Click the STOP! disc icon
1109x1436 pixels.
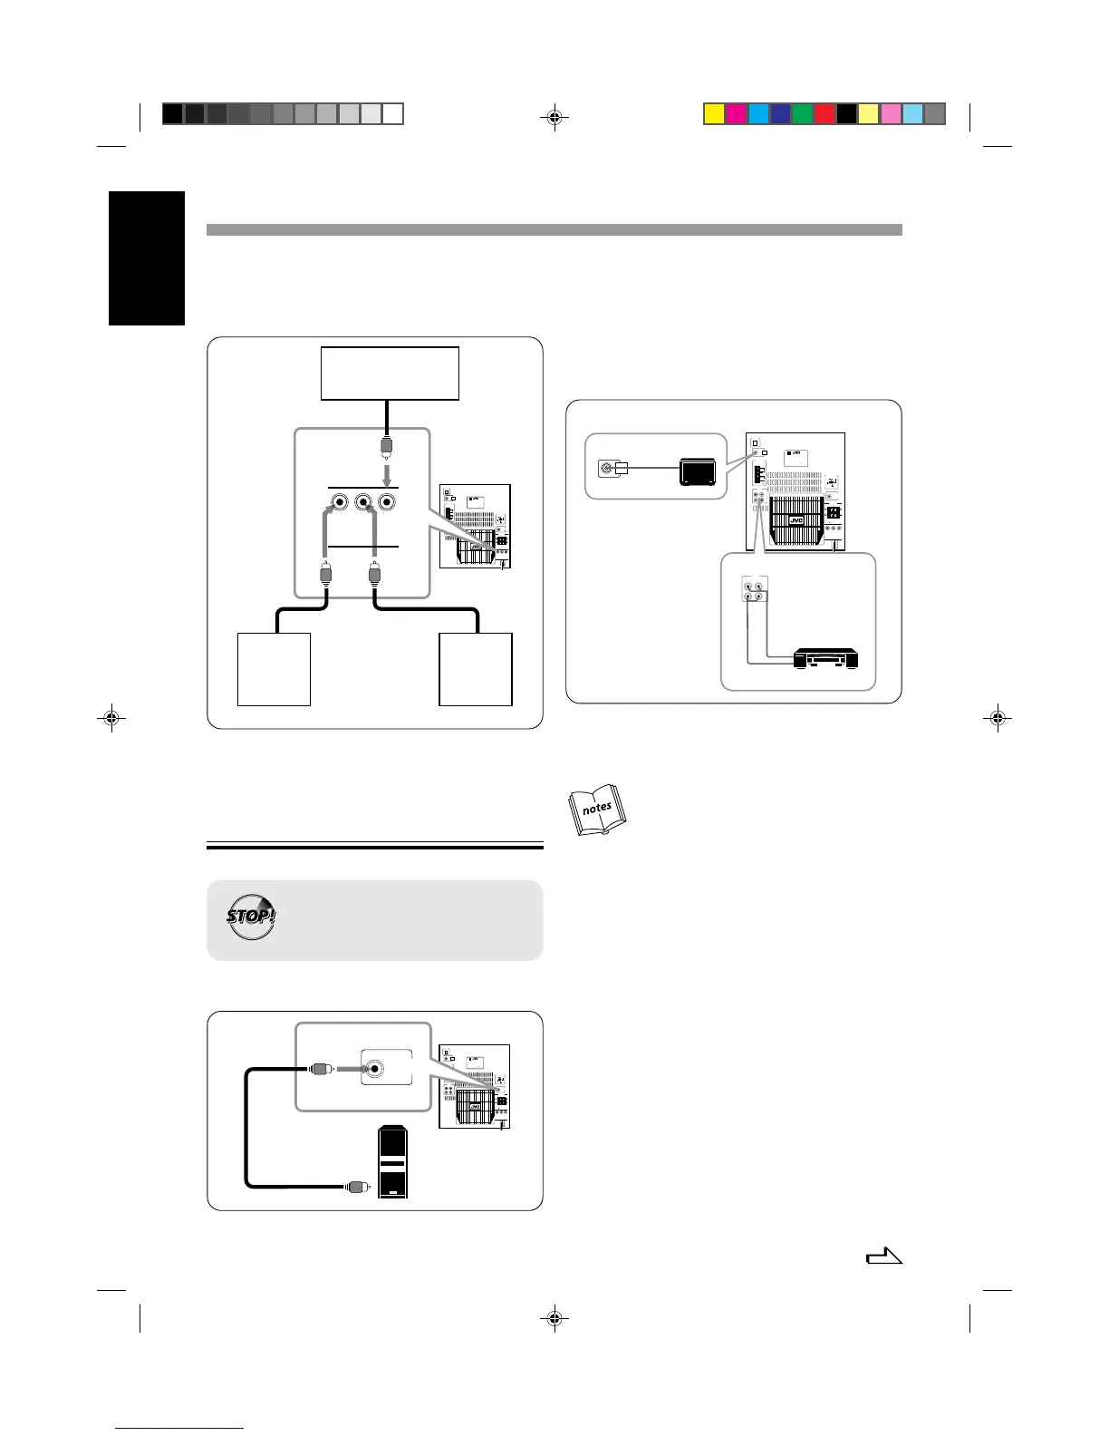click(251, 917)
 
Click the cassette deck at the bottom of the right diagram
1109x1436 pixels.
click(825, 659)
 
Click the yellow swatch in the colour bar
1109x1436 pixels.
click(714, 114)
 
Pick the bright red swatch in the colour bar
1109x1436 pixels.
click(825, 114)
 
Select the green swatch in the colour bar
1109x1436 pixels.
click(803, 114)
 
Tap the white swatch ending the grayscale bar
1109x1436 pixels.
click(392, 114)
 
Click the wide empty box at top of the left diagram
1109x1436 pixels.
click(390, 373)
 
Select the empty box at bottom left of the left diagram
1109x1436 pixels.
click(274, 669)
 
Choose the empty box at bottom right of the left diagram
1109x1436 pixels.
click(476, 669)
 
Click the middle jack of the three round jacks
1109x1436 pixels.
click(364, 502)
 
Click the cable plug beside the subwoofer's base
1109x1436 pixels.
click(358, 1186)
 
